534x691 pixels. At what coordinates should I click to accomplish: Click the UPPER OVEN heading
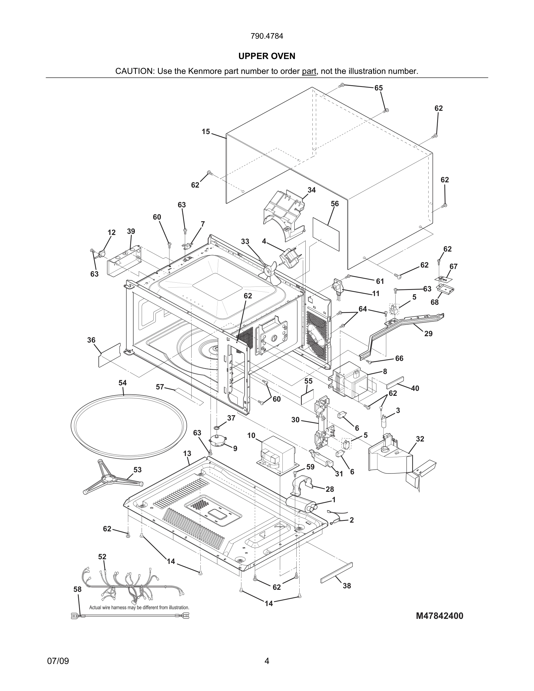267,56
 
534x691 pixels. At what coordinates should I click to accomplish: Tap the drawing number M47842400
439,616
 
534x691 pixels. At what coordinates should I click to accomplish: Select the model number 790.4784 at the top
267,36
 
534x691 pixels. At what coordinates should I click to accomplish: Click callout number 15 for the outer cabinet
206,132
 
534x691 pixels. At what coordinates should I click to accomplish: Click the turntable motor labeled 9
218,440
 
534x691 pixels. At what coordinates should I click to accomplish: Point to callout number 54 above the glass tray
122,383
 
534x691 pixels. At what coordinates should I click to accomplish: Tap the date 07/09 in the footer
58,661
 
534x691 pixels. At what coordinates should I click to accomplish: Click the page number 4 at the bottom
267,661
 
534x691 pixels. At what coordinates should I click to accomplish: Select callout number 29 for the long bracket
428,334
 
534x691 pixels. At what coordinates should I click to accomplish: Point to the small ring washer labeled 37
217,428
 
